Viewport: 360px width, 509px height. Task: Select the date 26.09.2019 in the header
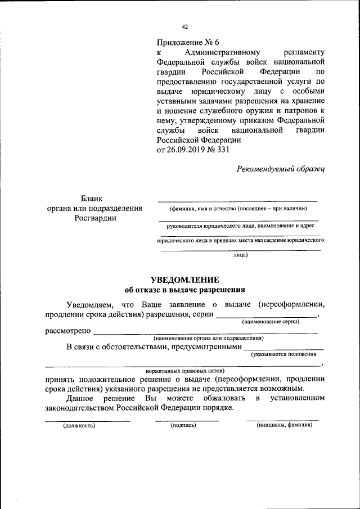point(185,150)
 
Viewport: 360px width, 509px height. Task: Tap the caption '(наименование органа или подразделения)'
point(209,338)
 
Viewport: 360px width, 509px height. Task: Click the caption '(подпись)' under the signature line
point(183,425)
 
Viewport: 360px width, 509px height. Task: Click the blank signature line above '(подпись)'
point(187,420)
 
